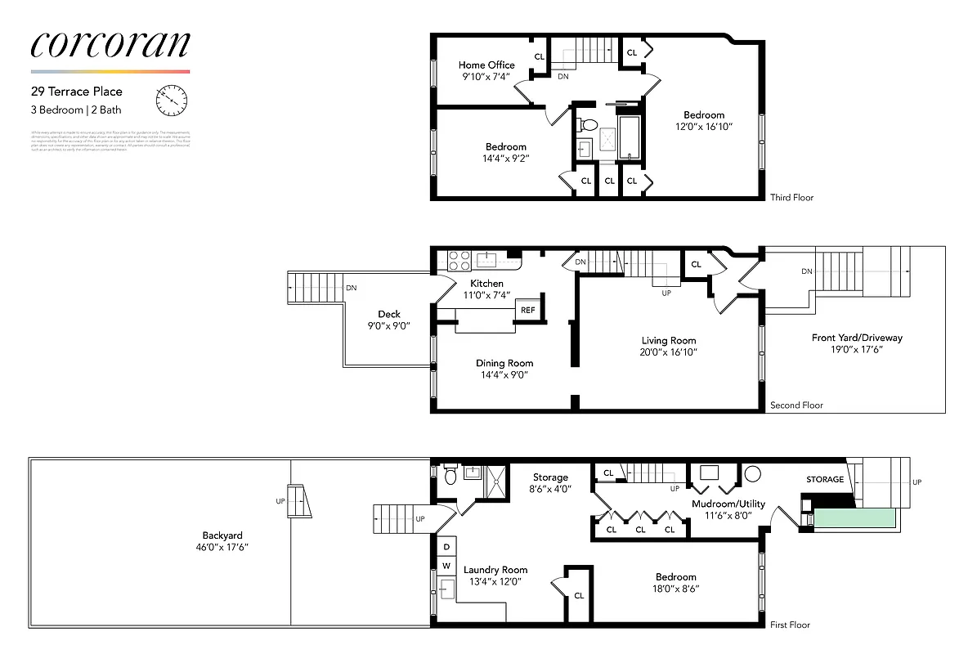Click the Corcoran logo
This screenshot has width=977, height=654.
pyautogui.click(x=110, y=45)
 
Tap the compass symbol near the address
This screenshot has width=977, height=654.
pyautogui.click(x=171, y=100)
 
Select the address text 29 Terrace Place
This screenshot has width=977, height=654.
pyautogui.click(x=77, y=92)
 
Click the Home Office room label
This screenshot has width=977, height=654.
pyautogui.click(x=486, y=65)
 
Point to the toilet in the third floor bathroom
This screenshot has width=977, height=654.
pyautogui.click(x=585, y=125)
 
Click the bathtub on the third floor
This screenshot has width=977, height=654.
pyautogui.click(x=630, y=137)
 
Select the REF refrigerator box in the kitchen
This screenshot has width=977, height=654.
pyautogui.click(x=527, y=310)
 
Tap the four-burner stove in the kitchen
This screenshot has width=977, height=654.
pyautogui.click(x=459, y=260)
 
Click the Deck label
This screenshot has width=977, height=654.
pyautogui.click(x=388, y=314)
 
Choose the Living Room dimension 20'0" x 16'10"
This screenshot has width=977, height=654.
pyautogui.click(x=669, y=352)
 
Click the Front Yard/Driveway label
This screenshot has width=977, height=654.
pyautogui.click(x=857, y=338)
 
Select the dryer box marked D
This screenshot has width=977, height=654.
pyautogui.click(x=446, y=547)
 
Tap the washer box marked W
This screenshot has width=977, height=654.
pyautogui.click(x=446, y=565)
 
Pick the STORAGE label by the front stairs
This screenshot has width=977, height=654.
pyautogui.click(x=825, y=479)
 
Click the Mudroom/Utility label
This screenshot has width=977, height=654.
pyautogui.click(x=728, y=504)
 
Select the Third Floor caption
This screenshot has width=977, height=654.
pyautogui.click(x=791, y=197)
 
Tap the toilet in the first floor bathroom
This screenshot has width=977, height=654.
pyautogui.click(x=449, y=475)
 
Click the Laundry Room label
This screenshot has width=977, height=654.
pyautogui.click(x=495, y=570)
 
